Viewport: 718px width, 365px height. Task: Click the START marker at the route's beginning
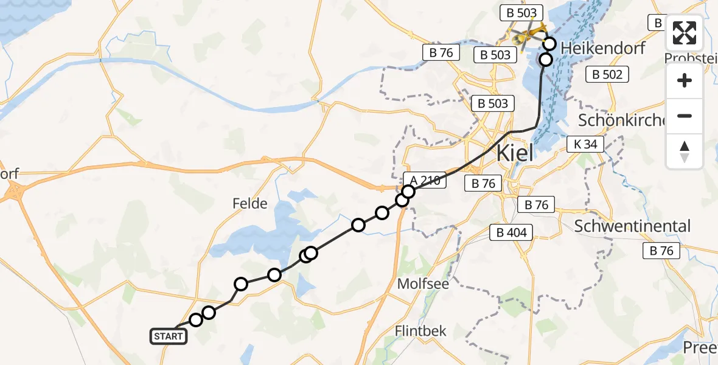coord(168,336)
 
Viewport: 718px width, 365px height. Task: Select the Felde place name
coord(250,203)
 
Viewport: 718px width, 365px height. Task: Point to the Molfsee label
coord(420,283)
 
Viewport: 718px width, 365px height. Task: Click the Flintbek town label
coord(420,332)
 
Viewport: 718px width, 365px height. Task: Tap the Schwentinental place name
coord(633,226)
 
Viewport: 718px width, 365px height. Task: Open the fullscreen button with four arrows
coord(685,33)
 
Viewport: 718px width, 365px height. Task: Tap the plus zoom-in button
coord(685,80)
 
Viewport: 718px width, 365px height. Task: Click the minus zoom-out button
coord(685,116)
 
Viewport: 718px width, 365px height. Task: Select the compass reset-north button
coord(685,151)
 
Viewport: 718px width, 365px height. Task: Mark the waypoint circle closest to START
coord(195,320)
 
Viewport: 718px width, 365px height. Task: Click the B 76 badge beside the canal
coord(441,53)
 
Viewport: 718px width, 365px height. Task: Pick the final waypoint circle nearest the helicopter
coord(549,43)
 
